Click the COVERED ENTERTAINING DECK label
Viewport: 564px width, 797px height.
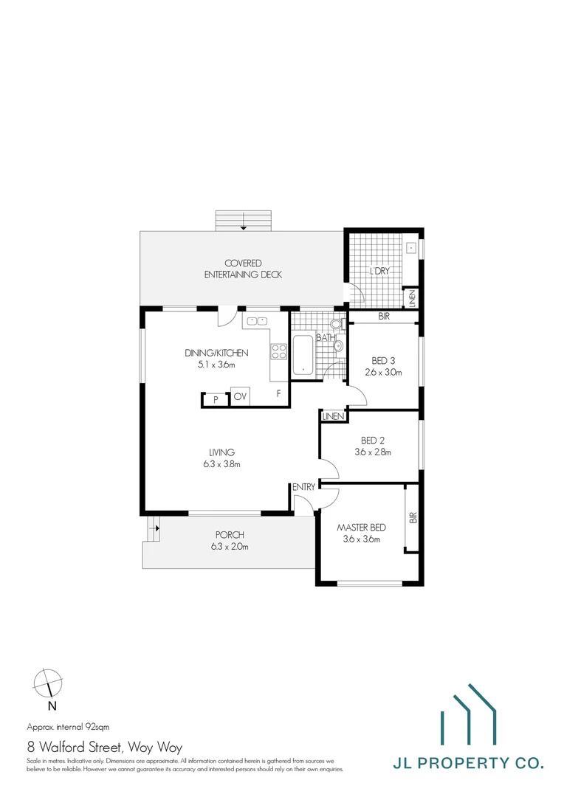(243, 269)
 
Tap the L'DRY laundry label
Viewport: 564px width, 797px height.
(379, 272)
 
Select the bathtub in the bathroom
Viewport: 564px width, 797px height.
(303, 355)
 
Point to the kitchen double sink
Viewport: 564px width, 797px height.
(257, 321)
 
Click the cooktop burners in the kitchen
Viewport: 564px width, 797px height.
(278, 351)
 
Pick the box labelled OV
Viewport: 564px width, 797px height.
(240, 397)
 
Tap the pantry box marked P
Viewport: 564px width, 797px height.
(216, 399)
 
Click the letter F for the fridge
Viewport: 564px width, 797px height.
(278, 393)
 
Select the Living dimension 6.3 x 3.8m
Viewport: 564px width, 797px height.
(221, 464)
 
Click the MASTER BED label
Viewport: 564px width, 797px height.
(362, 528)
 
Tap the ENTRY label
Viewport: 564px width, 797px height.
(303, 487)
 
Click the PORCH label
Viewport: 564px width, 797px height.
(230, 535)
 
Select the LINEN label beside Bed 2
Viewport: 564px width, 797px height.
(334, 417)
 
